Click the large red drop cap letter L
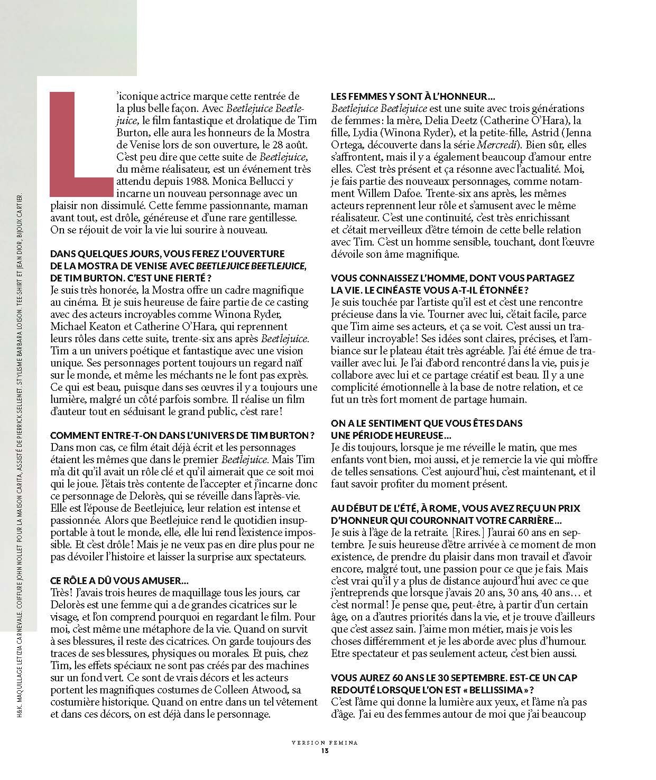[x=79, y=143]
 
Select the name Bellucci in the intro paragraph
[x=264, y=181]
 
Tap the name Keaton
[x=112, y=326]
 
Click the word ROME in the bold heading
[x=442, y=509]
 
